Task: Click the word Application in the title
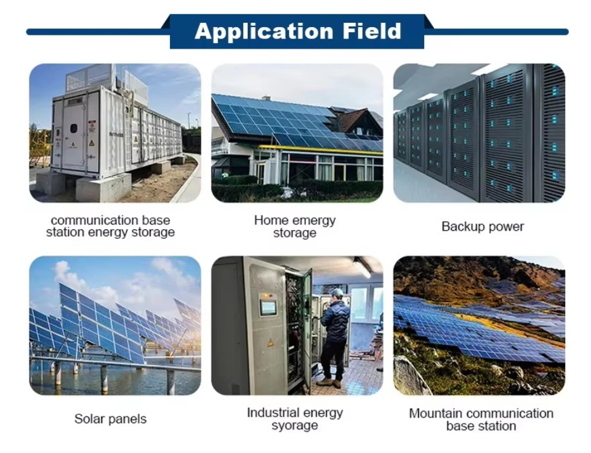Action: tap(264, 32)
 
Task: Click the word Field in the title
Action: tap(372, 31)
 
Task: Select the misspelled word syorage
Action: tap(295, 426)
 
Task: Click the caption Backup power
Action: tap(482, 226)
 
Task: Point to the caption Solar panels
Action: tap(110, 419)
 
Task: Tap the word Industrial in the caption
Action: tap(272, 413)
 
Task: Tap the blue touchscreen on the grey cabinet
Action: tap(268, 307)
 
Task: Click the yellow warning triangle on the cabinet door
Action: tap(271, 343)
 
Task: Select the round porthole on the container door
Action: tap(74, 128)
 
